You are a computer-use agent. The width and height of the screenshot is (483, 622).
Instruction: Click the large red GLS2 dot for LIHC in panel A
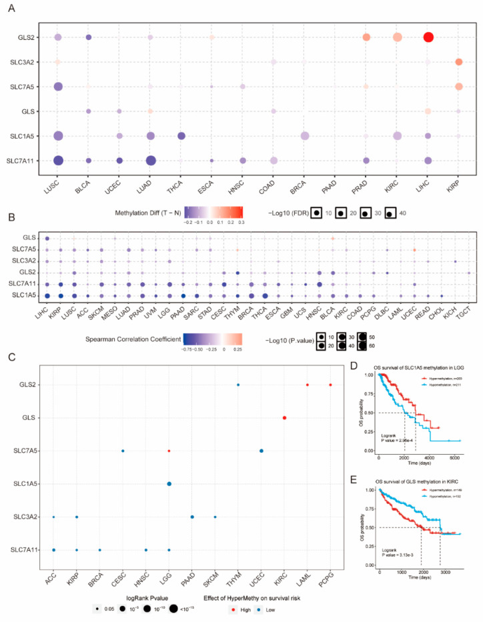click(x=428, y=37)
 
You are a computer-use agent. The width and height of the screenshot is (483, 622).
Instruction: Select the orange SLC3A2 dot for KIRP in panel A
click(x=459, y=62)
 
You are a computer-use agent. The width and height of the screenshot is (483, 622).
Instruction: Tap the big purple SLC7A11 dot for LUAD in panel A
click(x=151, y=160)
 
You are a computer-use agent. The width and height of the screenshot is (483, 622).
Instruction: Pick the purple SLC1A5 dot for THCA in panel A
click(x=181, y=136)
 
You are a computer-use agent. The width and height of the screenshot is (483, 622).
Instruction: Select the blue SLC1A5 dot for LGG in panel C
click(x=169, y=484)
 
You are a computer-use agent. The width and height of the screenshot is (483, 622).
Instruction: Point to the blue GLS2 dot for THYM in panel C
click(x=238, y=385)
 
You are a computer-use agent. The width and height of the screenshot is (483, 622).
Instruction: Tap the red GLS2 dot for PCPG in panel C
click(x=330, y=385)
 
